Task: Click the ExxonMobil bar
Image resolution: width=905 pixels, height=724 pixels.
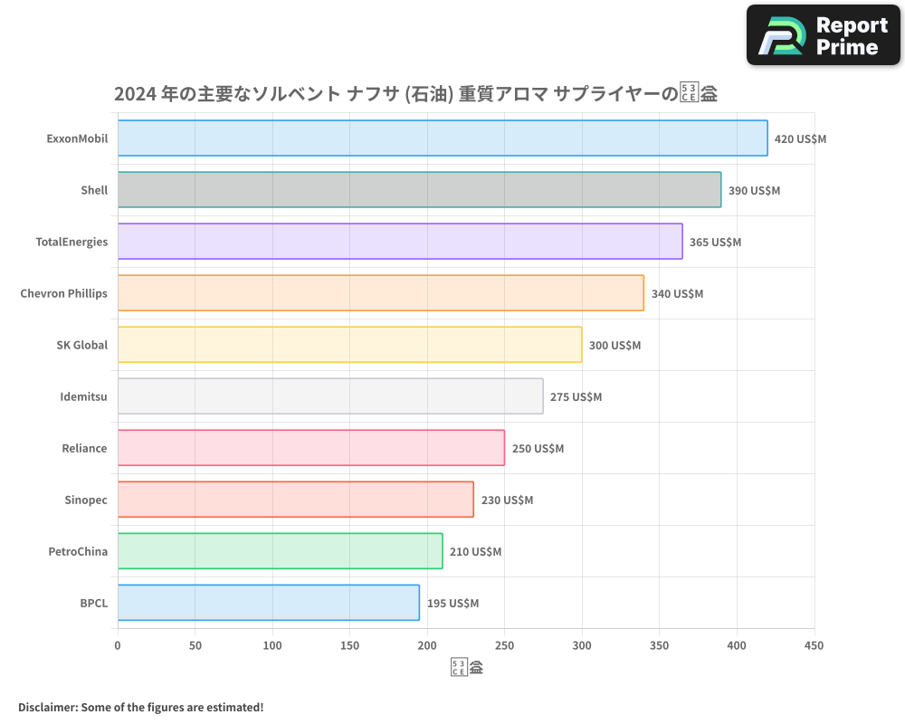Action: point(443,138)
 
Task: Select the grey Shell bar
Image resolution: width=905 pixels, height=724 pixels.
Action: point(419,190)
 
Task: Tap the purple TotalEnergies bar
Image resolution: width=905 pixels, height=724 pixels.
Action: point(400,242)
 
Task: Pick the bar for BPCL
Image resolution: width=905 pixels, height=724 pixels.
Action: point(269,603)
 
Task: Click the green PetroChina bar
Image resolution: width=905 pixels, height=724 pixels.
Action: point(281,551)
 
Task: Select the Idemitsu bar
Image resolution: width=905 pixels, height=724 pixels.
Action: point(330,396)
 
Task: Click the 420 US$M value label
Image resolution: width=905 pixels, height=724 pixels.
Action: point(800,139)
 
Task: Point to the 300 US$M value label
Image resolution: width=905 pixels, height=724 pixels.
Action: point(614,346)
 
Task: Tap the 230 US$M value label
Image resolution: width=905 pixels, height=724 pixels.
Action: point(507,500)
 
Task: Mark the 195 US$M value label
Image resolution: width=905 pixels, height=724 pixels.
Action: point(452,604)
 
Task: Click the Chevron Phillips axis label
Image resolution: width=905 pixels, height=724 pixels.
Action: point(63,293)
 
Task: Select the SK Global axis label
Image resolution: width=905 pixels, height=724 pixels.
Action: point(81,345)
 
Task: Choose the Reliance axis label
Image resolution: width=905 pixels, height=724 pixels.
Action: point(84,448)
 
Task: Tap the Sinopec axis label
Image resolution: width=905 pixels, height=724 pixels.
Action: point(86,500)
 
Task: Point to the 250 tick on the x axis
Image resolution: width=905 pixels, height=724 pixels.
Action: point(505,645)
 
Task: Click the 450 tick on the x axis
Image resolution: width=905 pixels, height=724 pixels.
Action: point(814,645)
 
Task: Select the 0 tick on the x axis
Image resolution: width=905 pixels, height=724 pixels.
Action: point(118,645)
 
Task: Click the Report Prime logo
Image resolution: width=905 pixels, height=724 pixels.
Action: point(823,35)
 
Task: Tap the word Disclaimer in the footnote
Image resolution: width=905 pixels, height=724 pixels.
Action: point(47,707)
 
